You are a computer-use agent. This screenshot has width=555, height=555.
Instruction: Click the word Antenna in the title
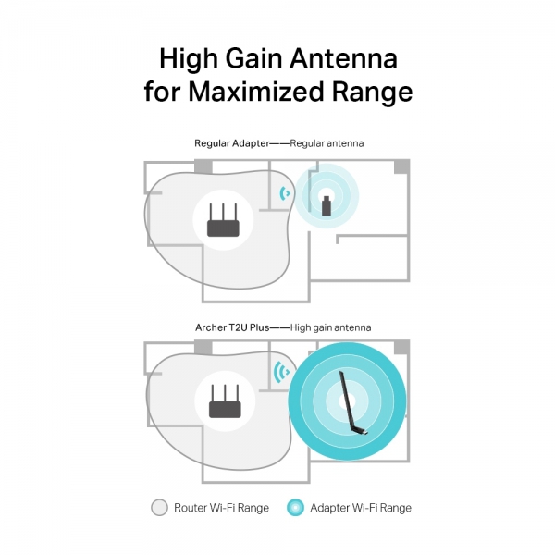point(344,58)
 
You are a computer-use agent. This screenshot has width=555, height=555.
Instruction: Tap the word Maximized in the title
point(255,92)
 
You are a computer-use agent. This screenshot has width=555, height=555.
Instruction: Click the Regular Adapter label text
point(232,143)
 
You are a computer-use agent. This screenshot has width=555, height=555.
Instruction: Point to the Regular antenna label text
point(327,143)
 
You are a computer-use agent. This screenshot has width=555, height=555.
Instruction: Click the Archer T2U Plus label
point(232,327)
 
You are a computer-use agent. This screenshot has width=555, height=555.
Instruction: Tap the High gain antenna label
point(330,327)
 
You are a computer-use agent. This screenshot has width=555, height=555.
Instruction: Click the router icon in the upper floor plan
point(223,220)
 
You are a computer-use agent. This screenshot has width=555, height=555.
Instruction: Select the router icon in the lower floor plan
point(225,401)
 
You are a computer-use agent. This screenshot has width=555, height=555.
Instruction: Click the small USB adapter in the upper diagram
point(327,205)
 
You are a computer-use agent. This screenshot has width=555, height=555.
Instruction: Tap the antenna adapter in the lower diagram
point(352,402)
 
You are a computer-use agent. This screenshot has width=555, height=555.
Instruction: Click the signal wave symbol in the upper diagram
point(284,193)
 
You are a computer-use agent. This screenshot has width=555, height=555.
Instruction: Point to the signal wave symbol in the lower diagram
point(282,372)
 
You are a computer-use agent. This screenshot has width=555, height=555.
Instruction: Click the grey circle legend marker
point(159,508)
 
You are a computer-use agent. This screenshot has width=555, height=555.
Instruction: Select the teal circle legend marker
point(296,508)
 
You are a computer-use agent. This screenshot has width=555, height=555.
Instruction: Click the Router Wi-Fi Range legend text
point(221,508)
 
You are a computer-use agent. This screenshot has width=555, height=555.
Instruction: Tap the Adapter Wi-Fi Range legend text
point(361,508)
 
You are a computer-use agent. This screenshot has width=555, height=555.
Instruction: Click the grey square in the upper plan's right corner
point(401,167)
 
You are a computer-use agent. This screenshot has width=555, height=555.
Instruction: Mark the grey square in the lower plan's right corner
point(401,348)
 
